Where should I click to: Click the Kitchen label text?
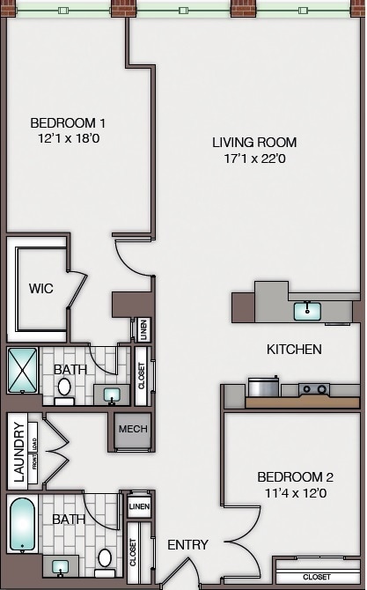(294, 350)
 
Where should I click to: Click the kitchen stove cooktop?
(313, 388)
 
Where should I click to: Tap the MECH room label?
(133, 429)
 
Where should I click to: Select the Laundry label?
(18, 453)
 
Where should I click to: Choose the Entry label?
(187, 545)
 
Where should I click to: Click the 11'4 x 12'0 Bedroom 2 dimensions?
(291, 494)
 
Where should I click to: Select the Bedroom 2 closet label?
(317, 577)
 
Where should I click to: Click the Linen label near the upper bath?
(143, 329)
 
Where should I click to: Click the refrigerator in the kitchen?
(263, 387)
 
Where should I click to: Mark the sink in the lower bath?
(61, 564)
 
